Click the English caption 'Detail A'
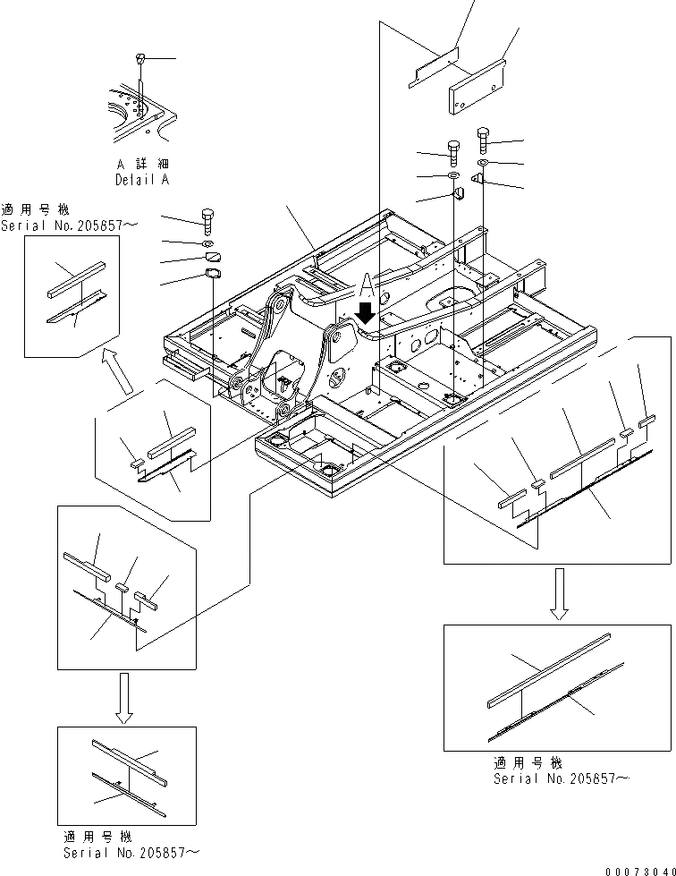coord(142,179)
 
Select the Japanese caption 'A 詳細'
coord(142,165)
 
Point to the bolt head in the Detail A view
coord(139,59)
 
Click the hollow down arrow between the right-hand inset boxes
coord(558,594)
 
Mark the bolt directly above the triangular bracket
coord(483,138)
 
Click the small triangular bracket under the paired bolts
coord(478,180)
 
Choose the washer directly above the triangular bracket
coord(482,163)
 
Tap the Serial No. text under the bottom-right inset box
coord(561,778)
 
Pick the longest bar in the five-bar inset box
coord(582,458)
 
